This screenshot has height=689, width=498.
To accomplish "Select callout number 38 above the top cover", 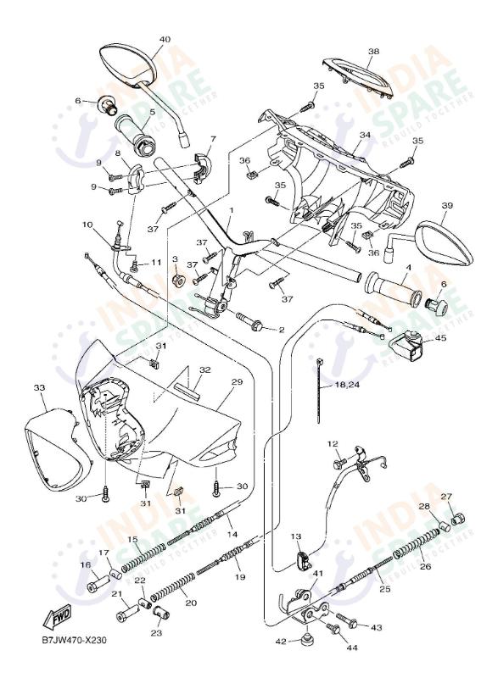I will pos(373,52).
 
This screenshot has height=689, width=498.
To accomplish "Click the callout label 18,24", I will pos(346,384).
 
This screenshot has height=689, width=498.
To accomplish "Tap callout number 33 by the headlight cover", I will pos(39,387).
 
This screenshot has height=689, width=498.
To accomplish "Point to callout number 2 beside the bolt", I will pos(282,329).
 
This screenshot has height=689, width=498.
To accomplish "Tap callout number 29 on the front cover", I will pos(237,382).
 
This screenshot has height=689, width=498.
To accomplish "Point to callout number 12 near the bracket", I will pos(333,444).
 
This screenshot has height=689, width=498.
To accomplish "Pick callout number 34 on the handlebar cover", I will pos(365,135).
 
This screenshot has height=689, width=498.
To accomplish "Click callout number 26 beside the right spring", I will pos(426,567).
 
